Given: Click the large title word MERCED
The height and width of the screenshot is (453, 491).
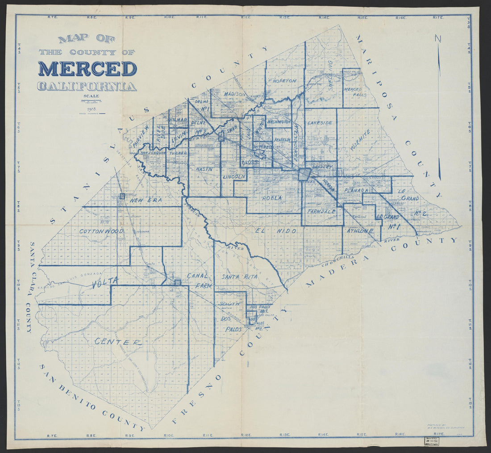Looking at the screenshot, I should (x=87, y=69).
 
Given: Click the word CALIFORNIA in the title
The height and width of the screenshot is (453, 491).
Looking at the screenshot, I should (x=87, y=86).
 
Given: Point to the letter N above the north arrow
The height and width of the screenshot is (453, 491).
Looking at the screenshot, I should (x=437, y=39).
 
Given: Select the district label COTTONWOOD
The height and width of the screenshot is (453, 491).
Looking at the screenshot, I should (x=102, y=231).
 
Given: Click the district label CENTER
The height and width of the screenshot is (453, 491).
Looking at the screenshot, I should (x=118, y=342).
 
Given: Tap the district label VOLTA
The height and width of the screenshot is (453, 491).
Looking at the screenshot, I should (x=105, y=281).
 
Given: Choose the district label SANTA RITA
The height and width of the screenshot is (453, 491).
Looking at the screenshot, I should (x=240, y=277).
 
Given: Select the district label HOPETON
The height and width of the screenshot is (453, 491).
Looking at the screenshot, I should (x=284, y=81).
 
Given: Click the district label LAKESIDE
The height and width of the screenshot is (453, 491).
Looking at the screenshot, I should (x=320, y=122).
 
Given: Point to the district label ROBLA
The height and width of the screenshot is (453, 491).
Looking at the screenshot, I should (x=272, y=197).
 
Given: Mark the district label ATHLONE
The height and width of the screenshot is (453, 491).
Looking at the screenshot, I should (x=360, y=231).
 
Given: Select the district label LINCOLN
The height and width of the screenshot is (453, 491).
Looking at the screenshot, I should (x=233, y=177).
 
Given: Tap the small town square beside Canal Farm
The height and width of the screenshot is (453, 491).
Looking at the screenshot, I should (x=178, y=282).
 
